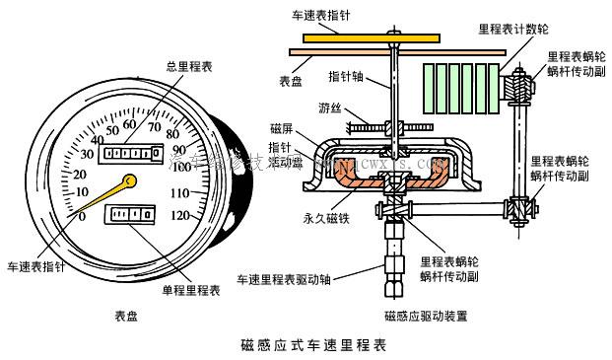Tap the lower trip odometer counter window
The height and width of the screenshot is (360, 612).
point(132,212)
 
